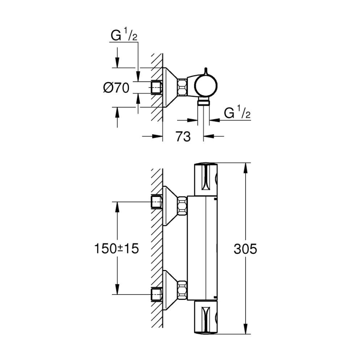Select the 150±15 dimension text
[x=117, y=249]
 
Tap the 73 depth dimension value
[x=183, y=136]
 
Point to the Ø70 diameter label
[x=117, y=88]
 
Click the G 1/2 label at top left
[x=124, y=36]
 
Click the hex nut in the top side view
[x=182, y=88]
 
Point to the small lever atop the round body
[x=205, y=71]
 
